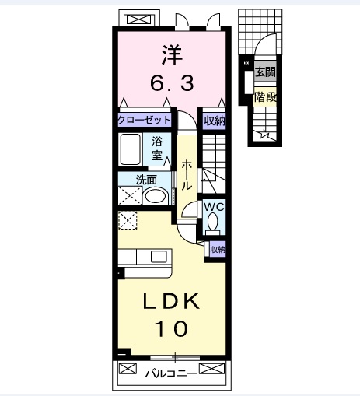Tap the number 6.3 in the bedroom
pos(173,81)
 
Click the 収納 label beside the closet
pos(215,120)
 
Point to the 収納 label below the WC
pos(217,249)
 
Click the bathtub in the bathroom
pos(130,148)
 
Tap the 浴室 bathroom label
pos(158,148)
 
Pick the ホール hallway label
pos(187,176)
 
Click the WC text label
pos(214,208)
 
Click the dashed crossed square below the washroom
pos(127,219)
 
